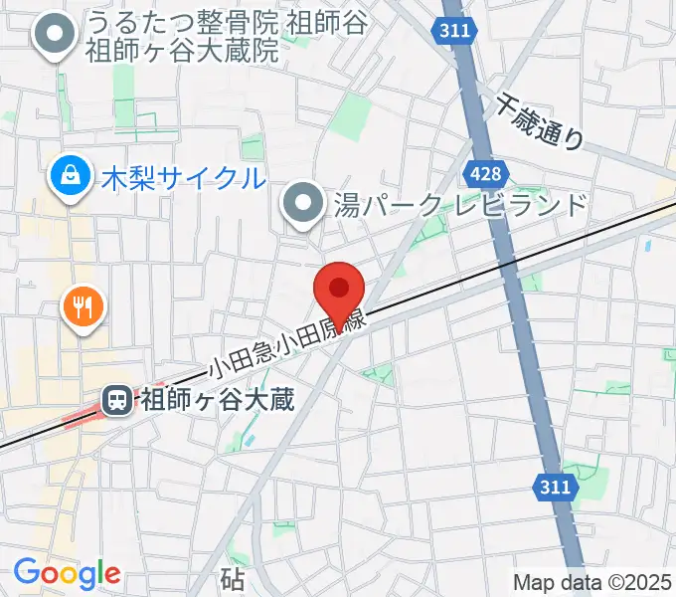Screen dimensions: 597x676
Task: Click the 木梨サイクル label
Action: (x=184, y=179)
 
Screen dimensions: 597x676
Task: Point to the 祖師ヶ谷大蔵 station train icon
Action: (x=117, y=401)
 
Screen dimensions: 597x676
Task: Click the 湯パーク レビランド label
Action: (x=459, y=206)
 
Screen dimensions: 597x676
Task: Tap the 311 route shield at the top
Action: (x=453, y=32)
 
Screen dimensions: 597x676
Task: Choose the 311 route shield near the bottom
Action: (x=557, y=487)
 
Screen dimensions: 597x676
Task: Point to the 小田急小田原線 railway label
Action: (x=288, y=344)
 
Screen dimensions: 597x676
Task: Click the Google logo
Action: (x=67, y=573)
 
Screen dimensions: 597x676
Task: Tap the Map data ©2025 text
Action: (x=591, y=581)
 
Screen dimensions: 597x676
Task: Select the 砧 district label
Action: (x=233, y=577)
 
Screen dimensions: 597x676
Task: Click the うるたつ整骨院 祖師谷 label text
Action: (x=225, y=21)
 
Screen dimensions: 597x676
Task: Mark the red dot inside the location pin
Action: (x=339, y=288)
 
